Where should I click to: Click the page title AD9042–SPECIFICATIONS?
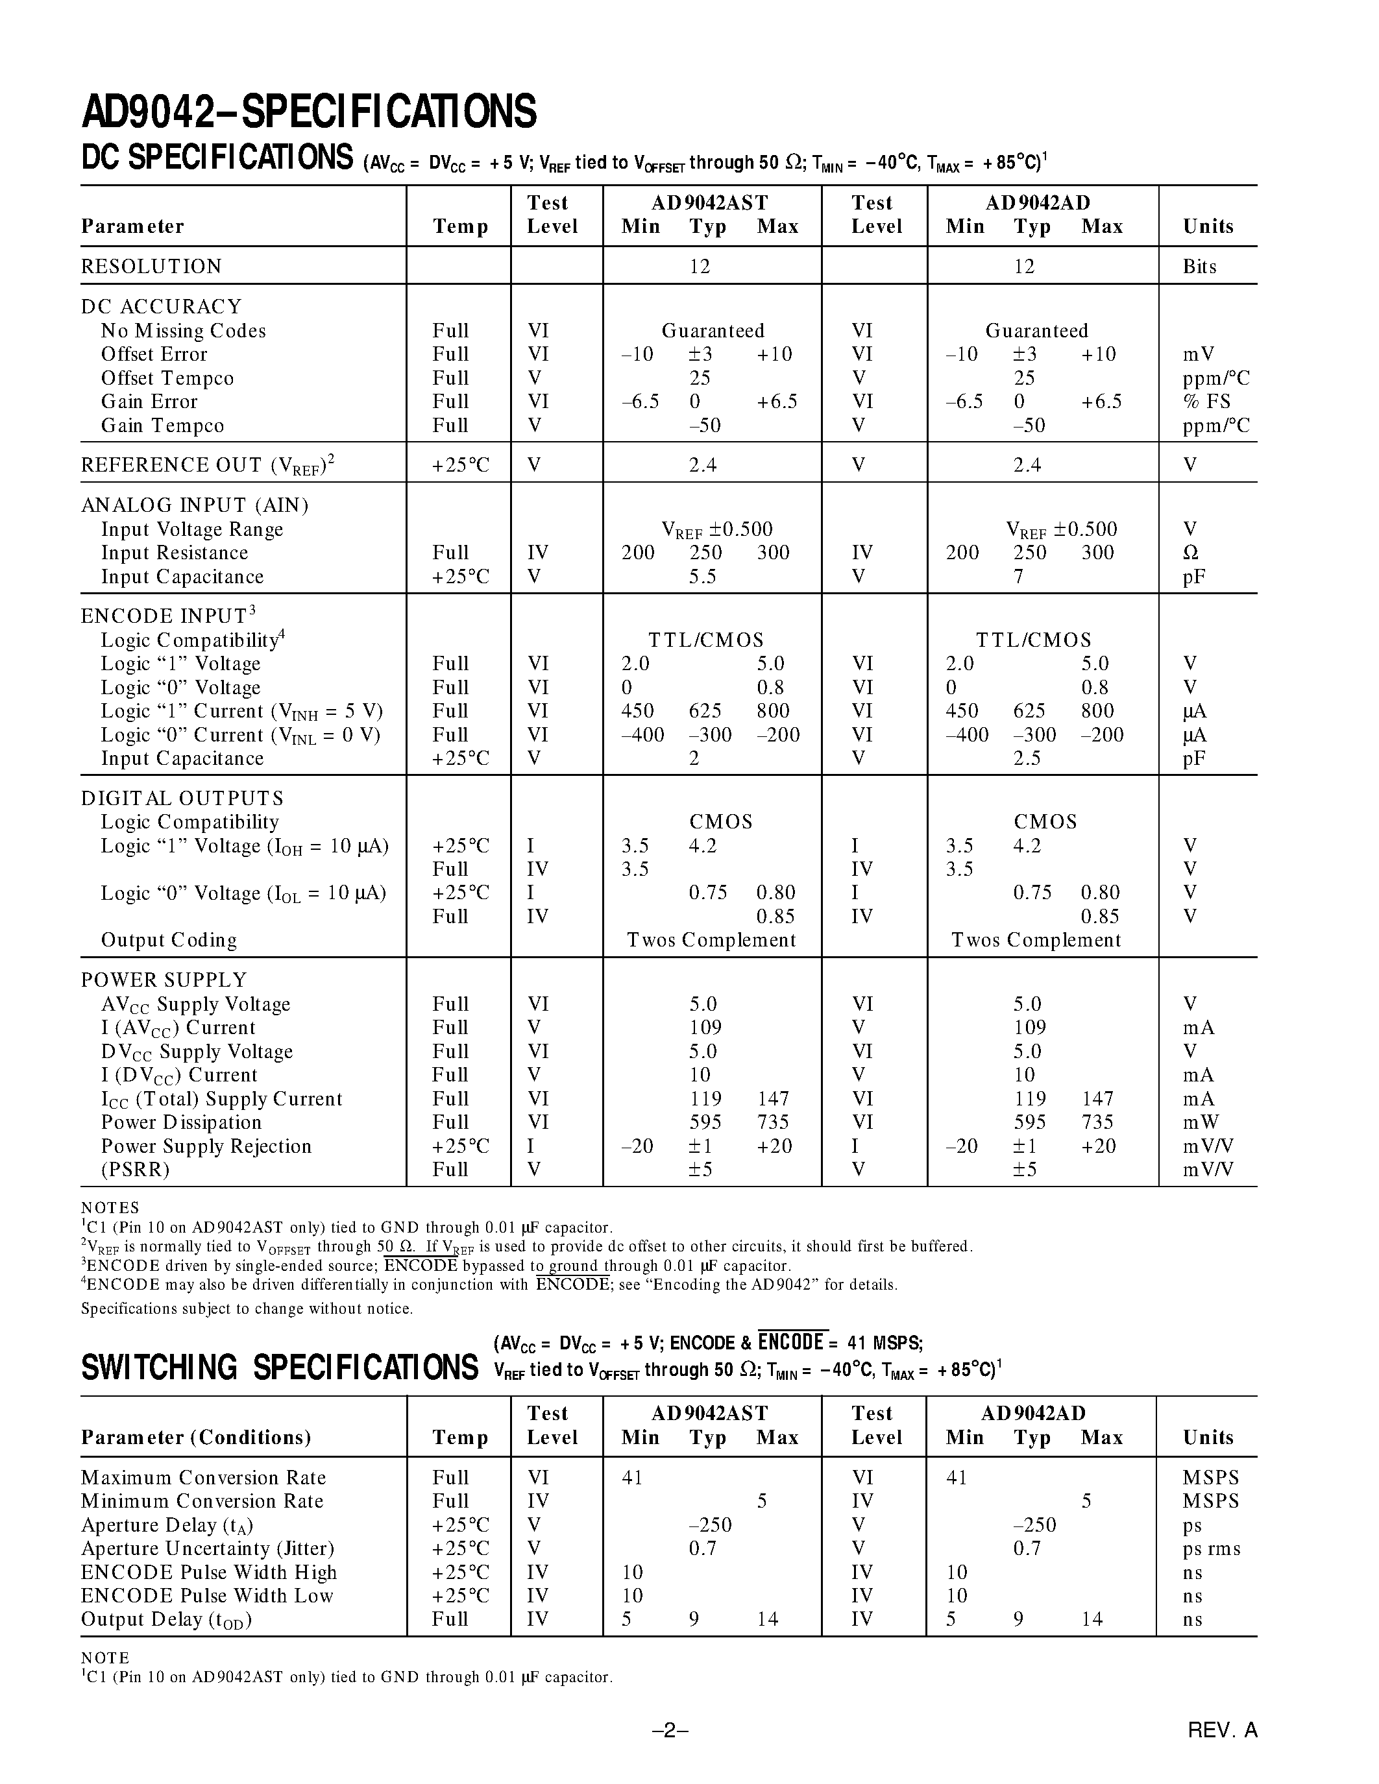[309, 112]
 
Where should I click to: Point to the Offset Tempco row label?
[167, 378]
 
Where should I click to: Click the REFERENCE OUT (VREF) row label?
[208, 464]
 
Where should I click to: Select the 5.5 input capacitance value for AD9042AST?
[702, 577]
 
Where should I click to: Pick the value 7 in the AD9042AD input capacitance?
[1018, 577]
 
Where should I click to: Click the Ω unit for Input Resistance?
[1190, 553]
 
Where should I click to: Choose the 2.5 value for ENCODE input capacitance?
[1026, 759]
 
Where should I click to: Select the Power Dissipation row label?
[180, 1122]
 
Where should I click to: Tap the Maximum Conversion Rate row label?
[202, 1478]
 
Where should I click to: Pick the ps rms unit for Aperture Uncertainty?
[1211, 1549]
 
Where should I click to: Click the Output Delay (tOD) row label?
[166, 1620]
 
